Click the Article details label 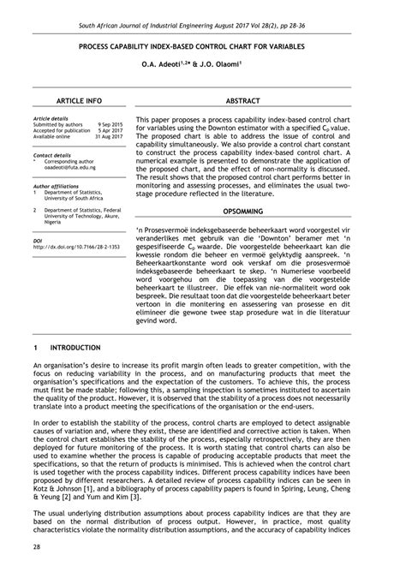tap(50, 118)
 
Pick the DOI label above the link tap(37, 241)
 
